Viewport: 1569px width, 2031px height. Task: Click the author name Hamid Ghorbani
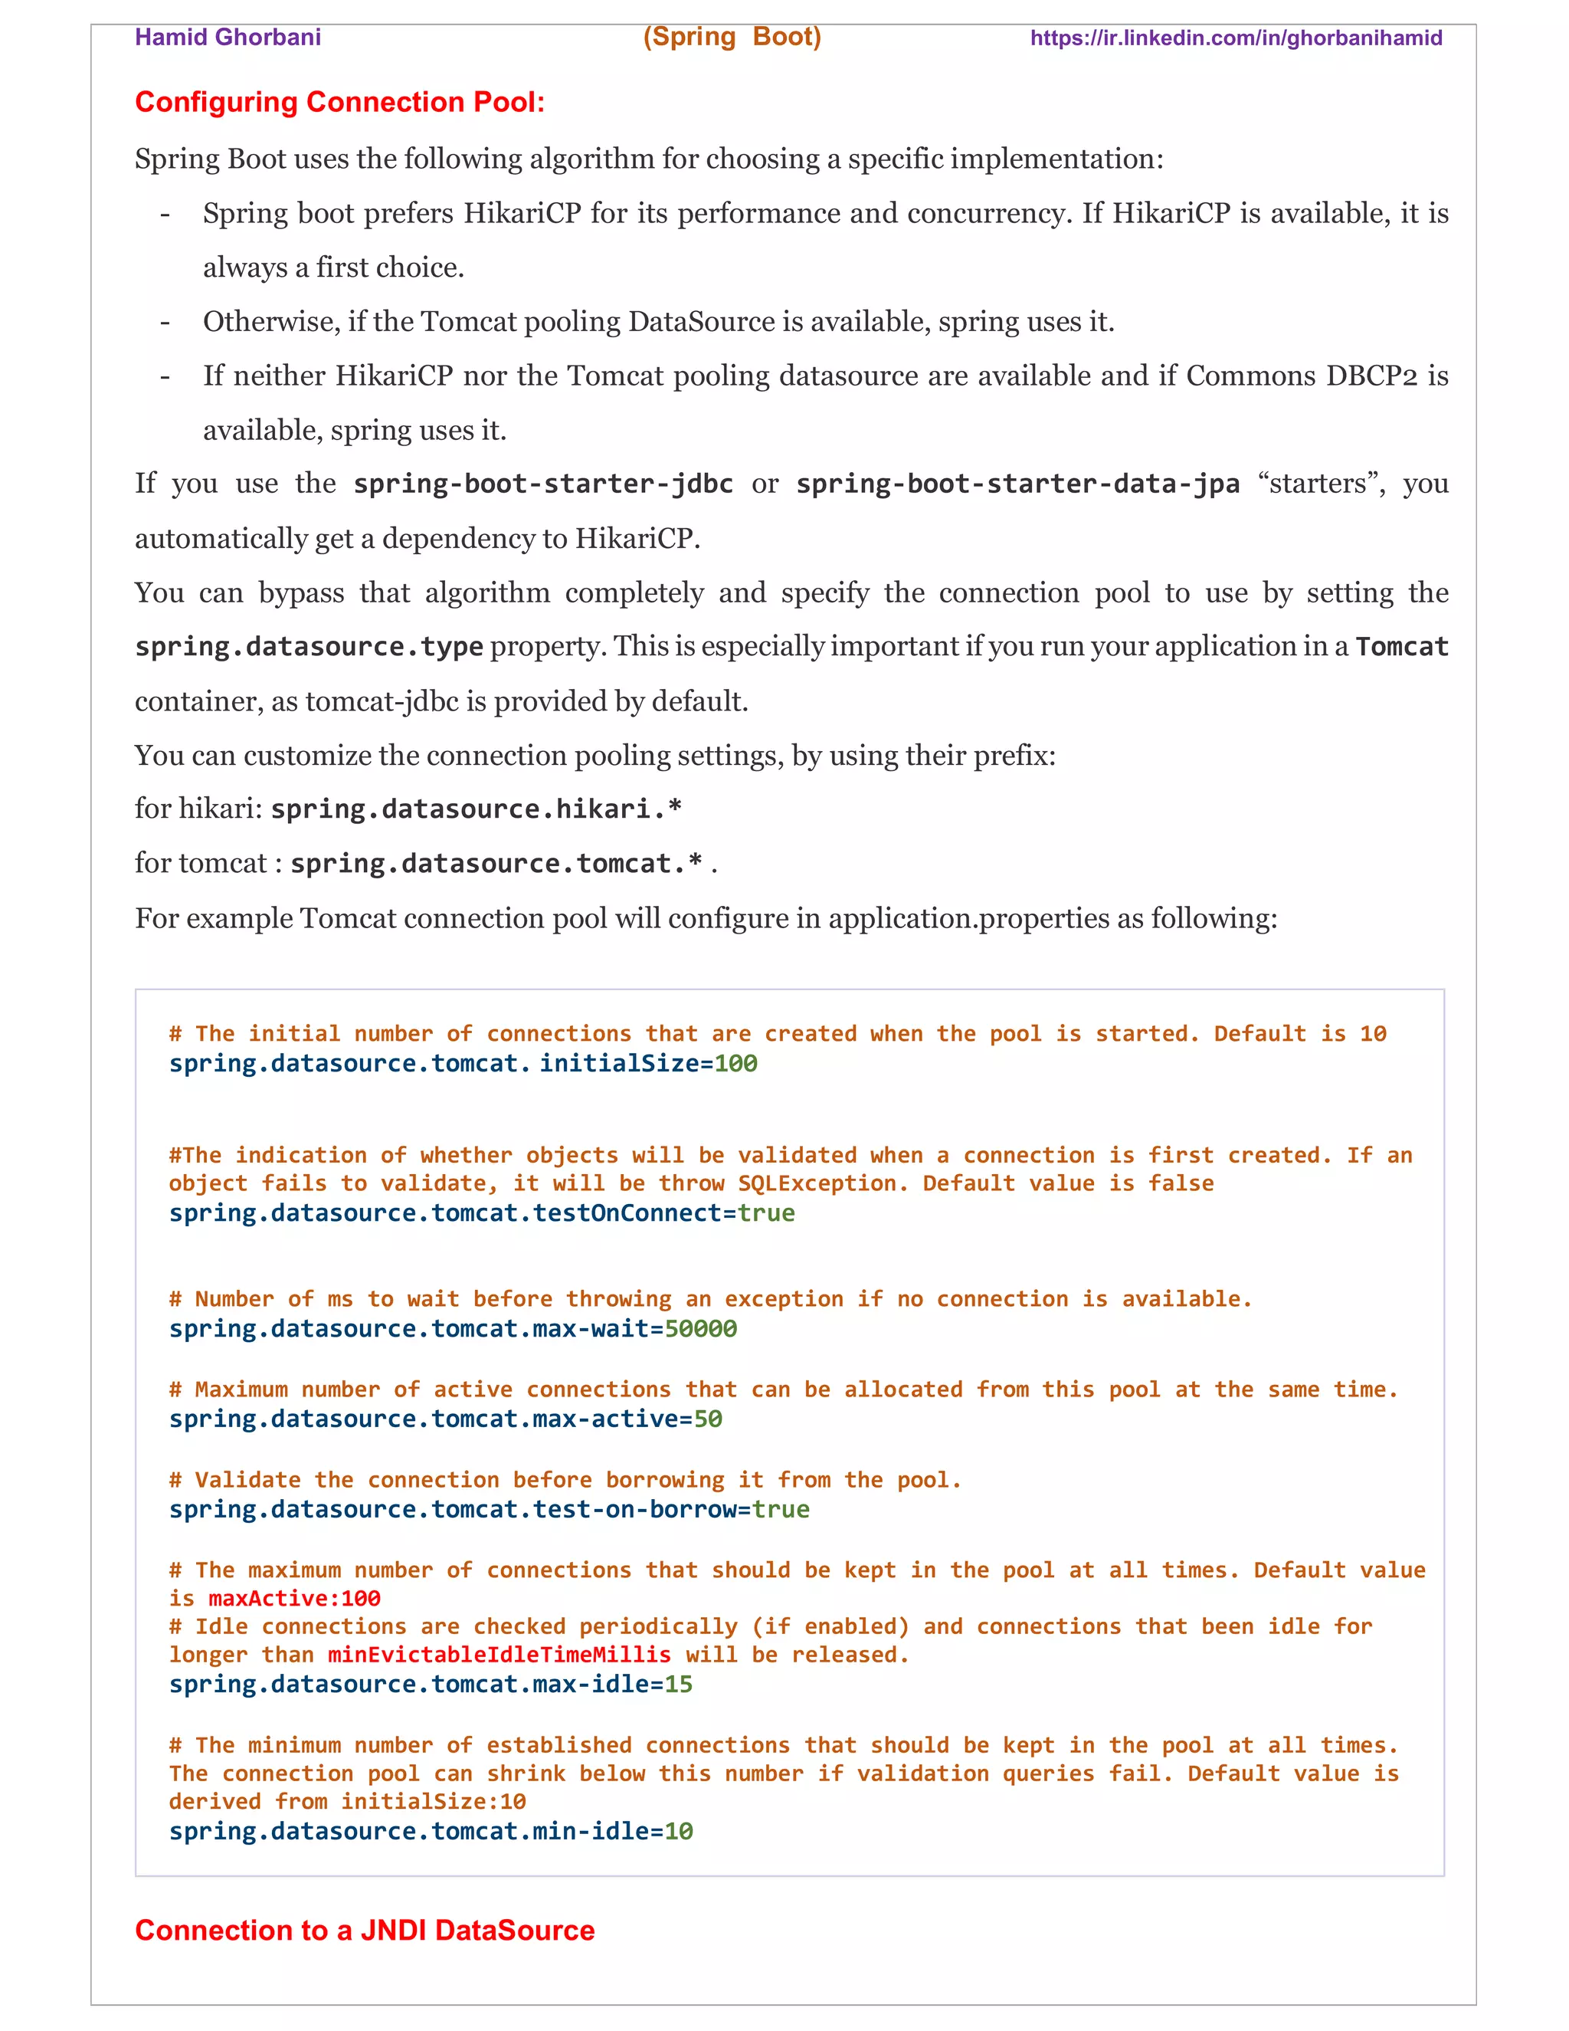point(228,38)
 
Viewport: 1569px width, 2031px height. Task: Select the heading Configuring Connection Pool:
point(339,101)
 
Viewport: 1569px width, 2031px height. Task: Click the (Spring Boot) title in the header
point(732,38)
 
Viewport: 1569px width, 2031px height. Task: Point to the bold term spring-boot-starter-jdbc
point(543,484)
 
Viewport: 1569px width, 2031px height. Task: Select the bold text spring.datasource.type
point(309,646)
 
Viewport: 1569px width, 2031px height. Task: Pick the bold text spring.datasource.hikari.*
point(476,809)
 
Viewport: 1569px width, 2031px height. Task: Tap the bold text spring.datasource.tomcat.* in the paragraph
point(496,864)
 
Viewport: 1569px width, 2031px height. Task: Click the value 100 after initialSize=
point(735,1063)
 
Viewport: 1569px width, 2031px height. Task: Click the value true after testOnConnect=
point(766,1212)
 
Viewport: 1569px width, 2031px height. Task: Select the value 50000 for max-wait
point(701,1328)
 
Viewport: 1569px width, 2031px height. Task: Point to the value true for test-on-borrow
point(781,1508)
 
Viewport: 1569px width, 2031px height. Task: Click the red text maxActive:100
point(295,1598)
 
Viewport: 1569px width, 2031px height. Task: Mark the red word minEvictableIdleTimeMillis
point(500,1655)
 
